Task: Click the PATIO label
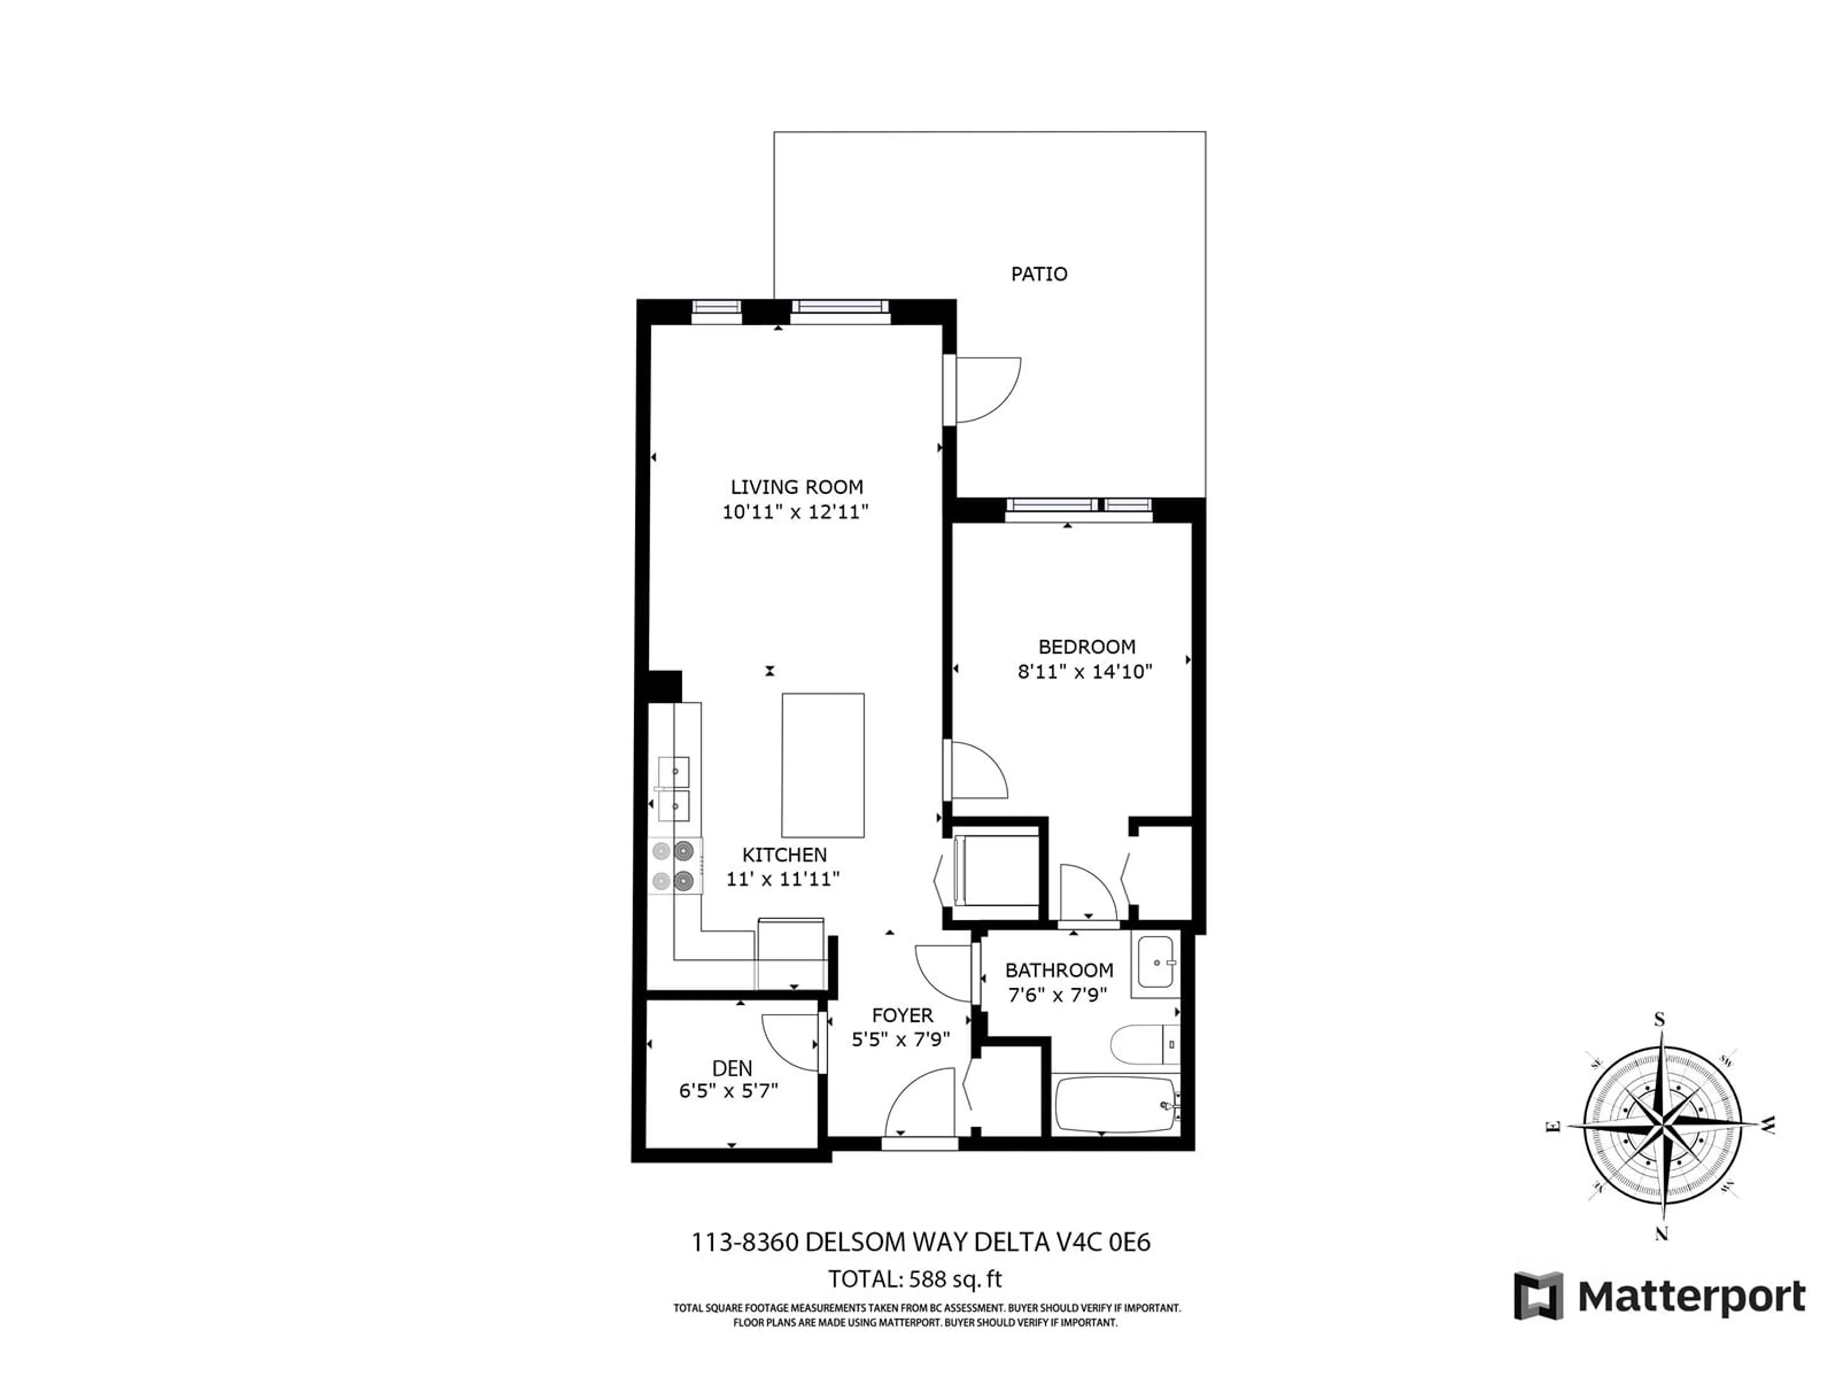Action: (1039, 274)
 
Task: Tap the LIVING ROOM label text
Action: (797, 487)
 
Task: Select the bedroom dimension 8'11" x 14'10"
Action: (1085, 671)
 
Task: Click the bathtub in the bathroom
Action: (1115, 1105)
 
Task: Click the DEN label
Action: (731, 1068)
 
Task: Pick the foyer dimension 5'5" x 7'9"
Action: (901, 1039)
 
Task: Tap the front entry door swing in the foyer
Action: (920, 1102)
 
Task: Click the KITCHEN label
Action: (784, 855)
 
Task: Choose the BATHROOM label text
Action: (1059, 970)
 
